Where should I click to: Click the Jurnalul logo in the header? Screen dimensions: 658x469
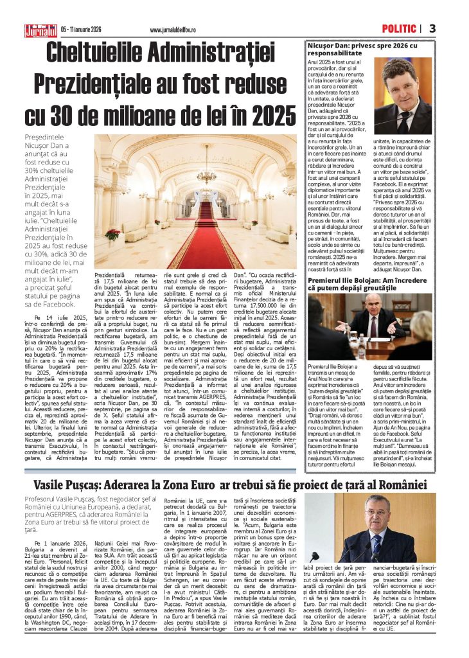(x=41, y=30)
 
